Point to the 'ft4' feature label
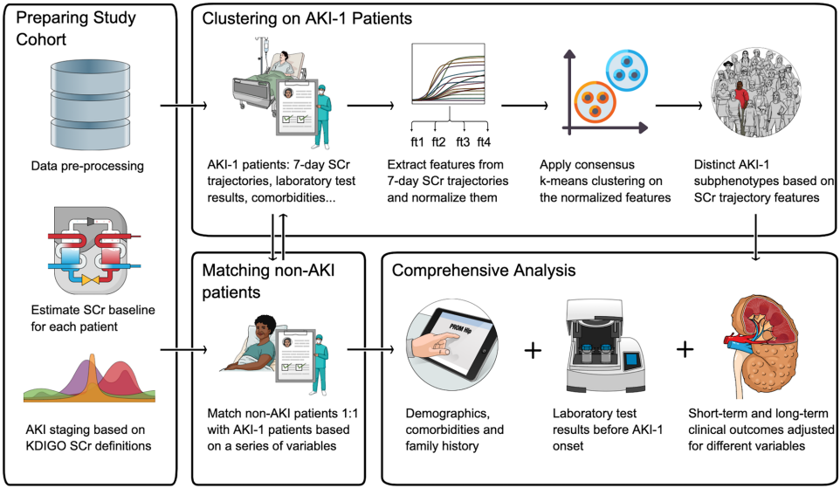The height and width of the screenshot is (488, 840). (x=484, y=142)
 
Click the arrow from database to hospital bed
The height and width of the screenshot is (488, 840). (x=182, y=107)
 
